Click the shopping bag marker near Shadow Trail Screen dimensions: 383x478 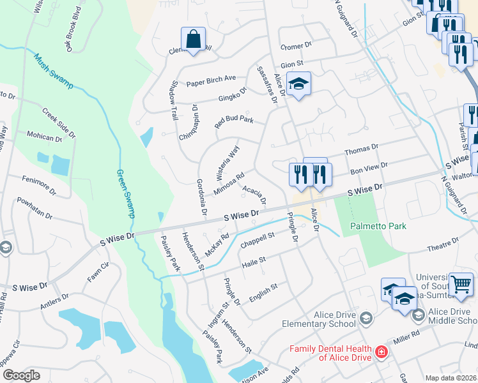[x=192, y=40]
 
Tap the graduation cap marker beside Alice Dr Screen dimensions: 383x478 [x=298, y=84]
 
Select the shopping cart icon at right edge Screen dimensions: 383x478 [x=461, y=284]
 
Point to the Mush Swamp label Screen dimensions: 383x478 [x=52, y=71]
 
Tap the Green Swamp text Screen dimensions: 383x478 [x=126, y=193]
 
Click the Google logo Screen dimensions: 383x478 [x=20, y=375]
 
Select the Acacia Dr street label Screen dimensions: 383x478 [x=254, y=191]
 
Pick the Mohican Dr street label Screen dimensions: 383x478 [x=43, y=136]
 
